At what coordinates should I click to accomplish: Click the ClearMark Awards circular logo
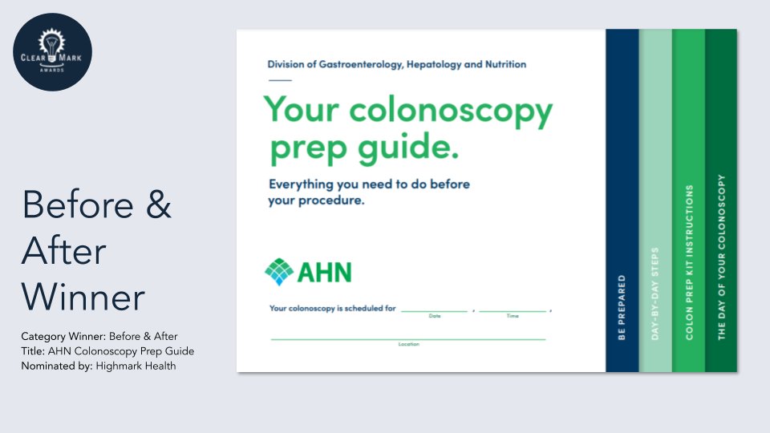point(52,52)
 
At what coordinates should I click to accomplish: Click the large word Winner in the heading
point(83,298)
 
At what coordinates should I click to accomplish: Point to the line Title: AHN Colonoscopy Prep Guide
point(107,351)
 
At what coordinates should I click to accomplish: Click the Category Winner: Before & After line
point(99,336)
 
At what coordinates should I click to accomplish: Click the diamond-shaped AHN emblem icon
point(279,272)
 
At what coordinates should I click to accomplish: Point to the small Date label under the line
point(435,316)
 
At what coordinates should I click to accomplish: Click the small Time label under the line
point(513,316)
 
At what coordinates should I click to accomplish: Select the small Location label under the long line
point(408,344)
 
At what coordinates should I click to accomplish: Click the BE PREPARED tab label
point(622,308)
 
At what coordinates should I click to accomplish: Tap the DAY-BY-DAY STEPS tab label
point(655,293)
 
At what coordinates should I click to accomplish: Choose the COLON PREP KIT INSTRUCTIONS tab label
point(689,262)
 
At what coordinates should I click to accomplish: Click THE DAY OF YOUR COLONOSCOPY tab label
point(722,257)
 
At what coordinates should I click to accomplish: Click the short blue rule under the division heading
point(280,80)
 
